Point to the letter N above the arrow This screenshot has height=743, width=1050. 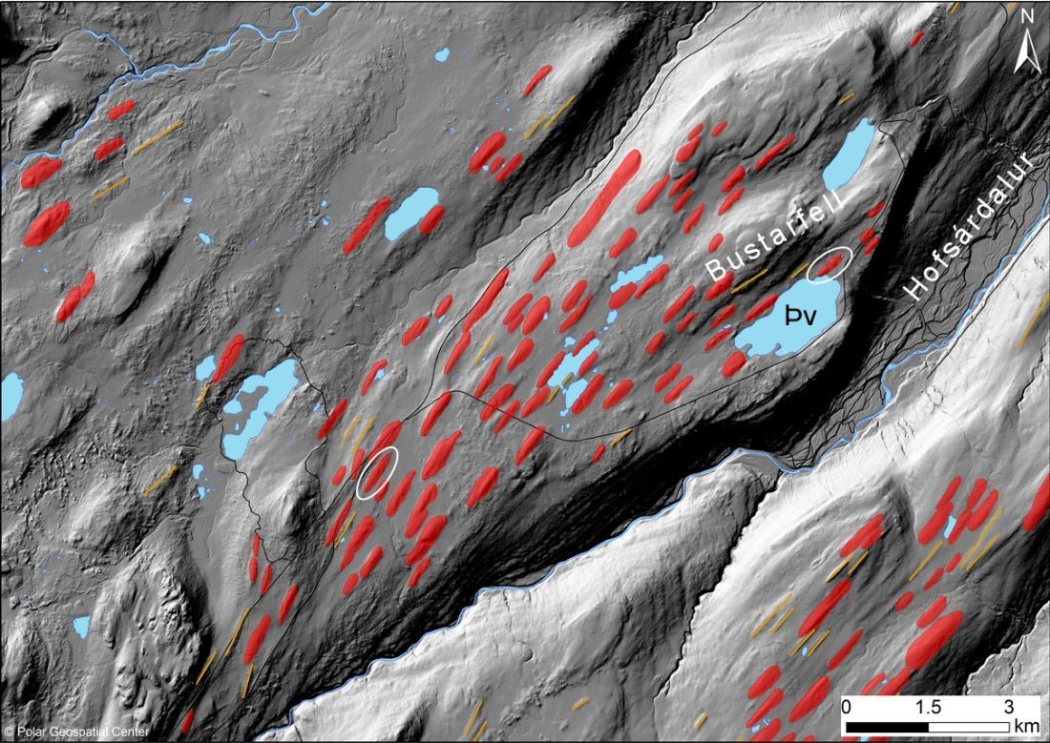pos(1028,16)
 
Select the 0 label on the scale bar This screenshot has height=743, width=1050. pos(848,708)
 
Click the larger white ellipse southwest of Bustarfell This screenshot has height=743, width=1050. pos(378,473)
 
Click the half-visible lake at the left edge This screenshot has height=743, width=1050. pos(10,396)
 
